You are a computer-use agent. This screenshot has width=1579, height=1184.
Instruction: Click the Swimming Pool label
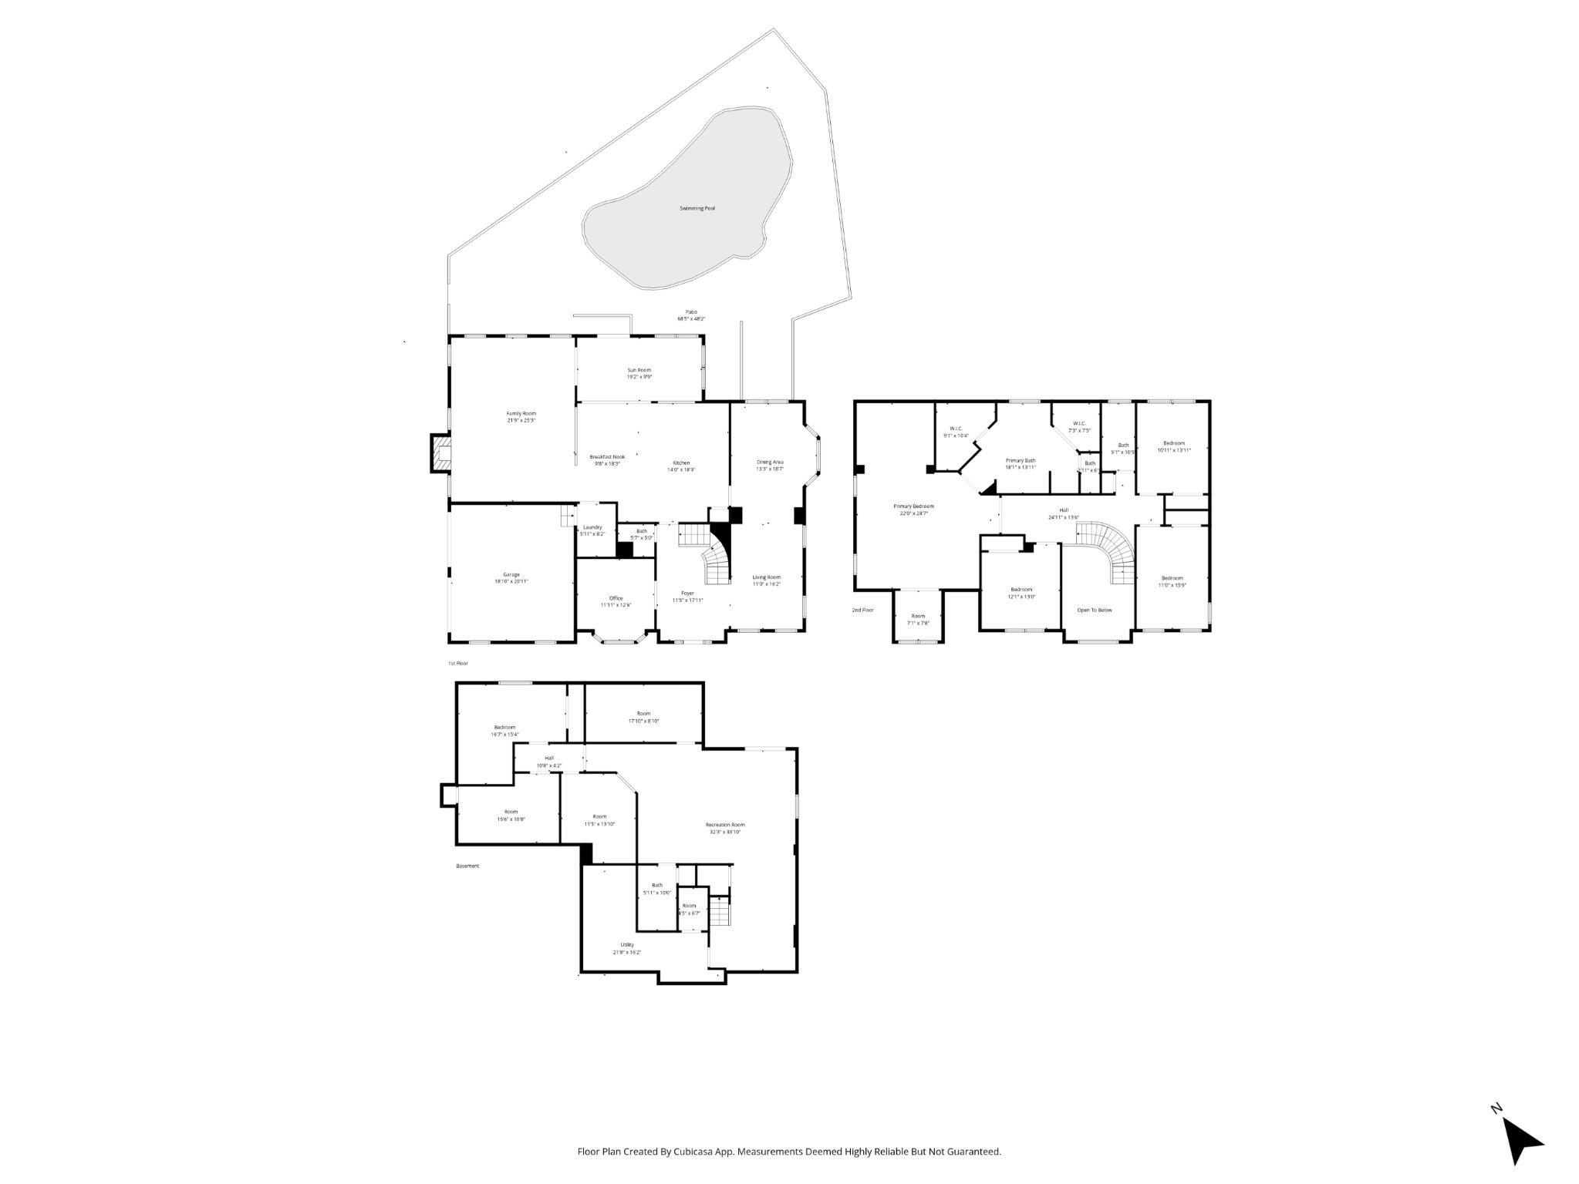(697, 208)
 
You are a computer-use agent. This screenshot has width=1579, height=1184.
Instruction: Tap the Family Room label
(521, 417)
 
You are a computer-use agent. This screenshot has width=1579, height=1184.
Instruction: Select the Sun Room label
(639, 373)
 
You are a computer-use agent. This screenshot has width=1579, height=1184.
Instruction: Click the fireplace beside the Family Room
(440, 453)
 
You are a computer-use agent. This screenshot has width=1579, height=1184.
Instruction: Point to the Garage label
(511, 577)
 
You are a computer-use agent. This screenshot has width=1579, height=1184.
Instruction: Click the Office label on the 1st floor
(616, 601)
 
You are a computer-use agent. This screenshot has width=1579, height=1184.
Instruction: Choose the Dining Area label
(770, 465)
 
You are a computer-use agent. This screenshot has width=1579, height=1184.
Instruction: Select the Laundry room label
(592, 530)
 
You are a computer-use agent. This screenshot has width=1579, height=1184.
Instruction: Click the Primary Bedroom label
(913, 510)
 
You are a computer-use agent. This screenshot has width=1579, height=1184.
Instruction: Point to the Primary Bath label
(1020, 463)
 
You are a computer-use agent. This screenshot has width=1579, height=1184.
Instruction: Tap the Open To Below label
(1095, 610)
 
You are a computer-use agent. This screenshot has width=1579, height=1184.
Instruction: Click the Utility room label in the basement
(626, 948)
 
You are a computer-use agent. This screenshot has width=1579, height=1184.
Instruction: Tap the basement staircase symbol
(719, 913)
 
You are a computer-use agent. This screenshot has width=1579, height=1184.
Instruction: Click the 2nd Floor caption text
(862, 610)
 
